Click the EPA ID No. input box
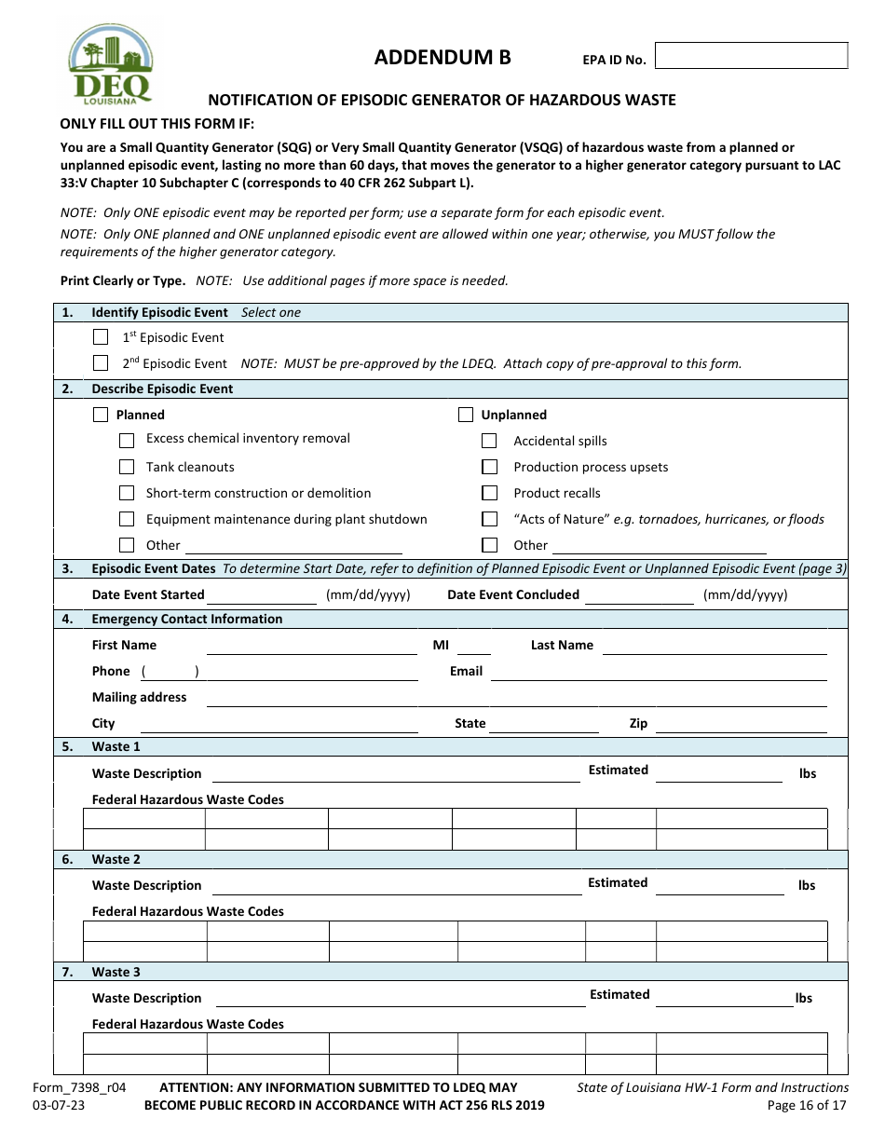click(x=751, y=56)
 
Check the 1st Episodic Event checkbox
click(x=101, y=337)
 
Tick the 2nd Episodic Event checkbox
click(x=101, y=363)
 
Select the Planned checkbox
click(x=101, y=415)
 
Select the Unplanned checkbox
click(x=466, y=415)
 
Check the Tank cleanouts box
click(x=127, y=467)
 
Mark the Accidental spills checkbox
click(x=489, y=441)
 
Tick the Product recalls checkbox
click(x=489, y=493)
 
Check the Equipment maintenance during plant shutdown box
click(x=127, y=519)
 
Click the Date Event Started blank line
click(x=262, y=596)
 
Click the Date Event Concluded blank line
click(x=638, y=596)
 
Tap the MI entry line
click(x=473, y=647)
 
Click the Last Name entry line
click(x=714, y=647)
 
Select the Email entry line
click(x=658, y=673)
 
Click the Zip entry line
click(x=741, y=725)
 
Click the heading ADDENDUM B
click(x=442, y=58)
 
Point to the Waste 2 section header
click(x=116, y=859)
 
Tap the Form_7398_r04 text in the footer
click(x=92, y=1087)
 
